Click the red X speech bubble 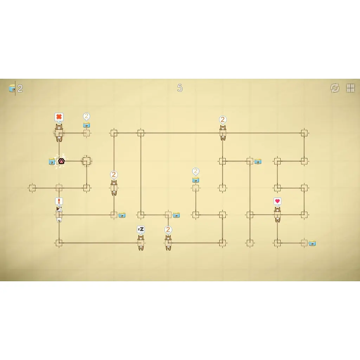click(x=59, y=117)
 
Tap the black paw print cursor click(x=61, y=161)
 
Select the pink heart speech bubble click(x=277, y=201)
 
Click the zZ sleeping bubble click(x=141, y=229)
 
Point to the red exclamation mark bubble click(x=59, y=201)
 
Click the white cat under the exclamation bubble click(x=59, y=214)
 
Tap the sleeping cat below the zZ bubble click(x=141, y=243)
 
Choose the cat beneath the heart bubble click(x=277, y=214)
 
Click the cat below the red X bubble click(x=59, y=133)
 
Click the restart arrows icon click(x=335, y=88)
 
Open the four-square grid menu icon click(x=351, y=88)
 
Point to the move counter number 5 click(x=180, y=88)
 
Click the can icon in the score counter click(x=12, y=88)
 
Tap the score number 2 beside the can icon click(x=20, y=88)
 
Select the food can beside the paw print click(x=52, y=161)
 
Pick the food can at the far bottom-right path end click(x=312, y=243)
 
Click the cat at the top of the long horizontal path click(x=223, y=133)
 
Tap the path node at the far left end click(x=32, y=188)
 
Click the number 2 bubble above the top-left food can click(x=86, y=117)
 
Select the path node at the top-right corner click(x=304, y=133)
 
